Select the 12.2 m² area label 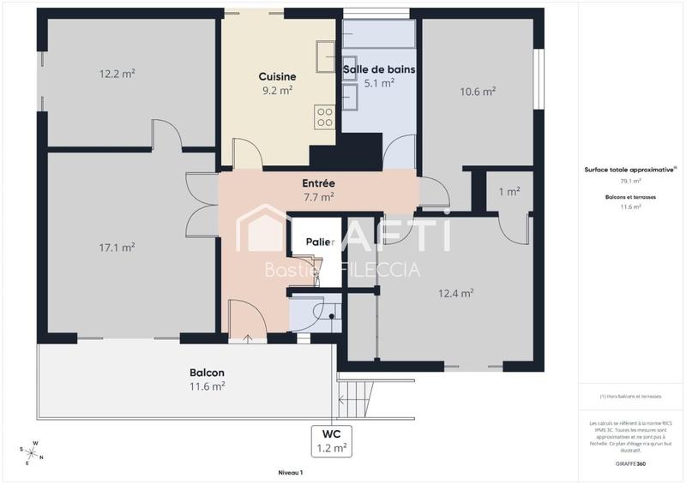[117, 74]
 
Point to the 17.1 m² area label [117, 248]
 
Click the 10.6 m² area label [477, 93]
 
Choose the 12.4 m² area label [456, 293]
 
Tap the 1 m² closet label [509, 192]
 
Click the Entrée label [318, 183]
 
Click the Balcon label [207, 373]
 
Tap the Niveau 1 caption [290, 472]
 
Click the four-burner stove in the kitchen [324, 117]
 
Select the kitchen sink [324, 56]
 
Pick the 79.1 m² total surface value [630, 182]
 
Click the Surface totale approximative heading [630, 170]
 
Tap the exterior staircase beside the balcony [356, 399]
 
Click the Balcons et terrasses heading [630, 197]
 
